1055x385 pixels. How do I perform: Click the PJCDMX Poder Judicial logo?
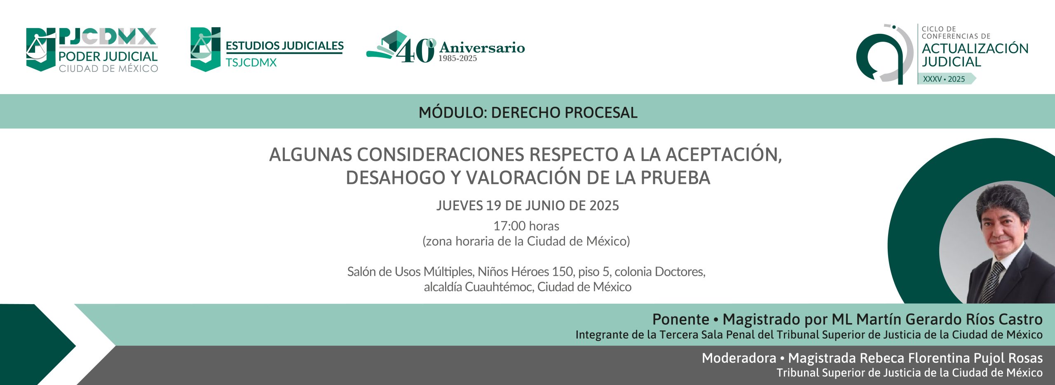click(x=92, y=50)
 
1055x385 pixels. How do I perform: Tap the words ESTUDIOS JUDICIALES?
click(x=284, y=46)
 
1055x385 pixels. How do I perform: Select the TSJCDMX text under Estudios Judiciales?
click(x=251, y=63)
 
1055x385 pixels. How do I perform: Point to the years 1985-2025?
click(x=457, y=59)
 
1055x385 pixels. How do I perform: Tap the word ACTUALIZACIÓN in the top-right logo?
click(x=975, y=48)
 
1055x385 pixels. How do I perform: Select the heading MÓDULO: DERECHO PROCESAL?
click(x=528, y=112)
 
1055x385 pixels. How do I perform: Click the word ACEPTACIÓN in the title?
click(x=724, y=154)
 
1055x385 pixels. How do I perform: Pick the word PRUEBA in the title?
click(x=675, y=178)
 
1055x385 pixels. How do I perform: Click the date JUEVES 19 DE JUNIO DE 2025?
click(x=527, y=205)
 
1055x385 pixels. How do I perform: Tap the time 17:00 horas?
click(x=526, y=226)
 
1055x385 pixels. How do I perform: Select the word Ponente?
click(x=680, y=319)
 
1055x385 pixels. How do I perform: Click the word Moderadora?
click(x=739, y=358)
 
